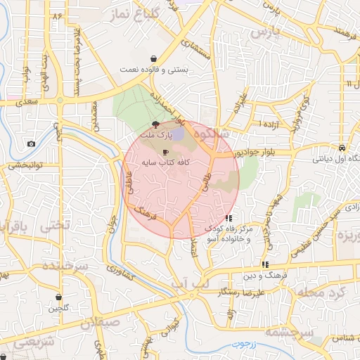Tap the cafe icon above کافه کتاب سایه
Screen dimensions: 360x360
[x=166, y=152]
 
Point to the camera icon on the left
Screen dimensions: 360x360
[x=32, y=144]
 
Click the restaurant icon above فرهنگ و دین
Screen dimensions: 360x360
[x=266, y=264]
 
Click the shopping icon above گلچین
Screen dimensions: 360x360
[x=58, y=297]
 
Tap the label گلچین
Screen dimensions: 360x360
[x=58, y=309]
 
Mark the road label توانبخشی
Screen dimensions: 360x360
[x=25, y=166]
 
